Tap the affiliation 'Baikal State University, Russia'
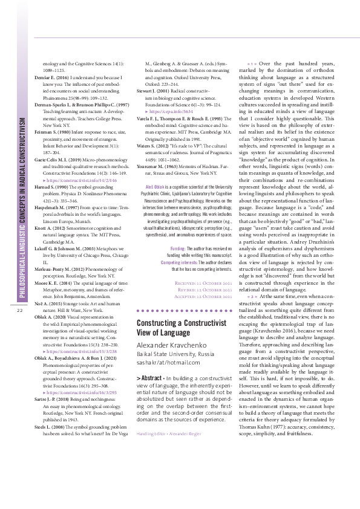(175, 353)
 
